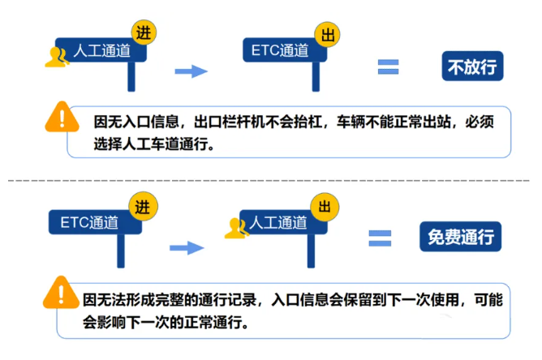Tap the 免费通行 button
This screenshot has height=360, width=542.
coord(460,236)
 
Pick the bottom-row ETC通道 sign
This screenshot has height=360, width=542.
coord(89,222)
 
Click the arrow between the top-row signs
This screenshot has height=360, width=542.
coord(191,71)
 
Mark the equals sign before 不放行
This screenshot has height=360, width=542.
coord(388,67)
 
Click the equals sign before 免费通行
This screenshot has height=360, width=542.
coord(380,238)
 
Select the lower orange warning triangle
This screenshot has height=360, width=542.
coord(58,290)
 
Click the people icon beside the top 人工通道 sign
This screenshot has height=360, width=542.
coord(57,56)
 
